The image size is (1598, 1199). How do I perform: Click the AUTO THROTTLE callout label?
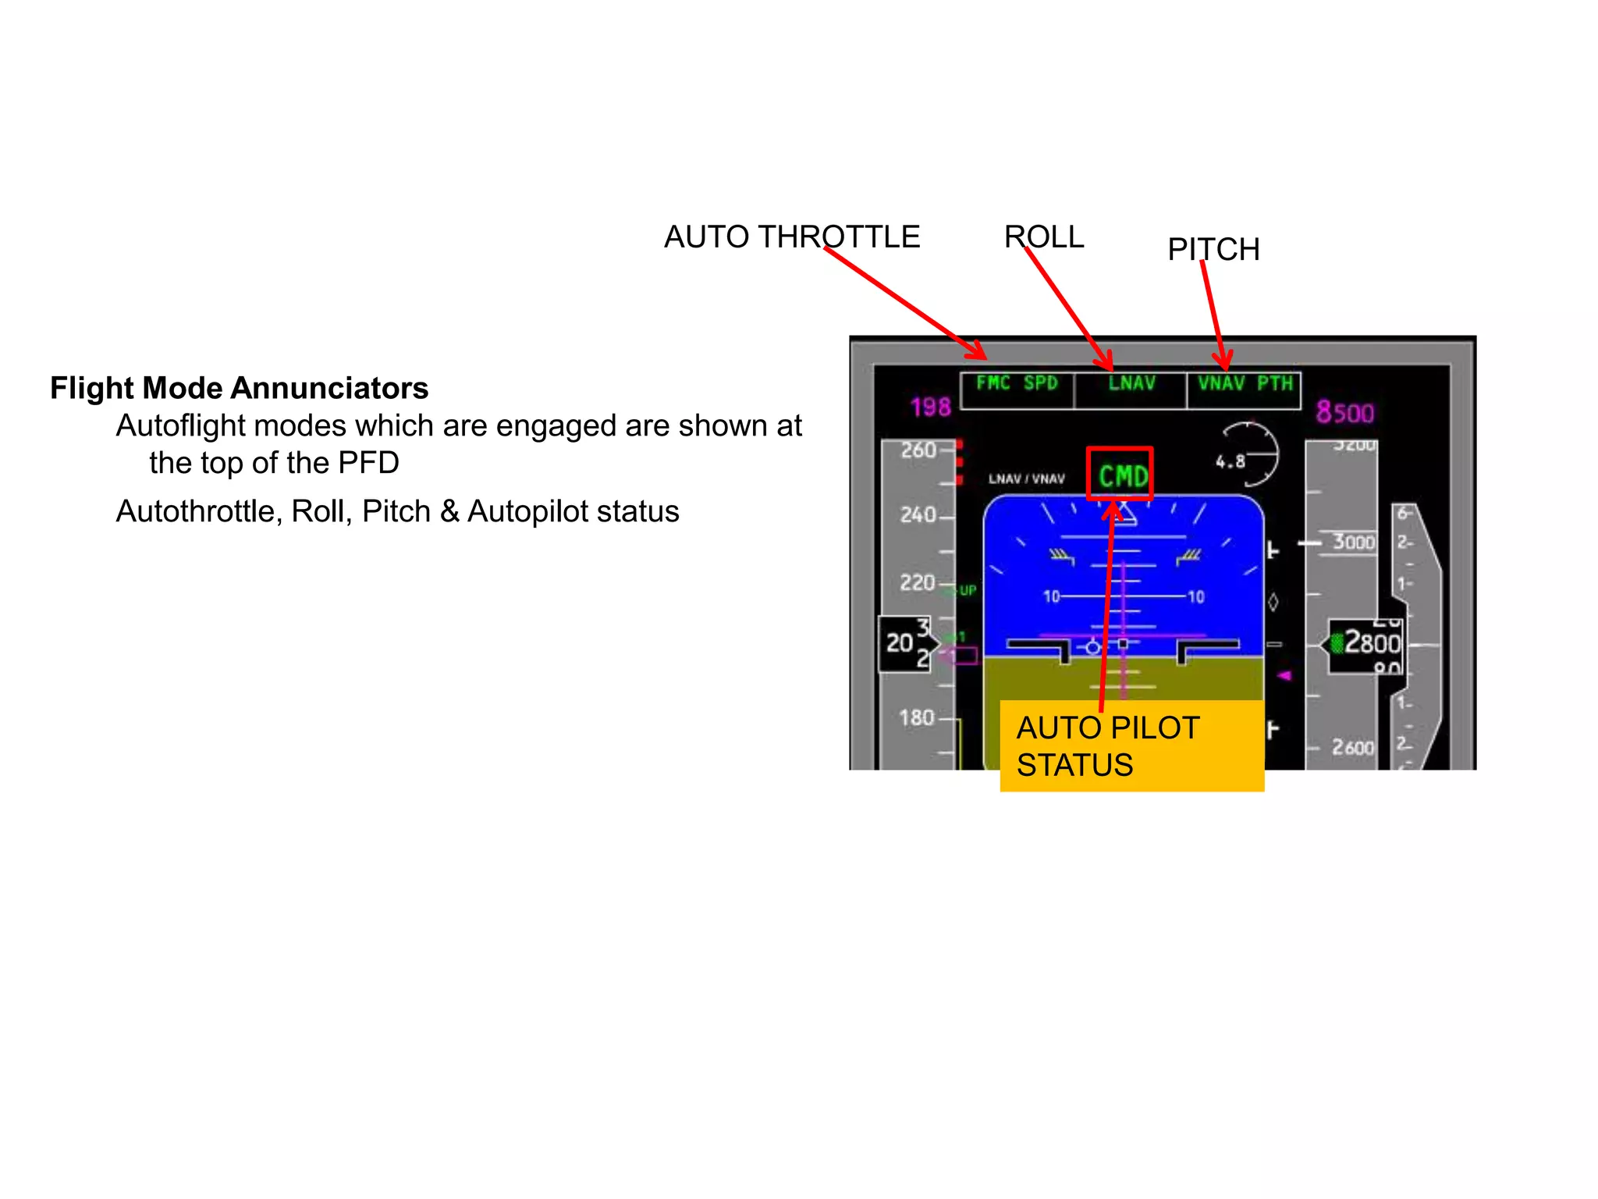coord(791,237)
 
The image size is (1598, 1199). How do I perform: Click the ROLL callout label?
coord(1044,237)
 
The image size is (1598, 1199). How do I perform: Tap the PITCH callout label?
coord(1213,250)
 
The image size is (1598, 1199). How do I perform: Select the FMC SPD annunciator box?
coord(1017,388)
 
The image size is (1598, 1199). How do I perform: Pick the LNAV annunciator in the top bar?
coord(1131,385)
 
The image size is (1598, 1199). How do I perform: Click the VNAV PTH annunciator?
coord(1245,385)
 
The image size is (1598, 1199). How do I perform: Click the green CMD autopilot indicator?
coord(1122,475)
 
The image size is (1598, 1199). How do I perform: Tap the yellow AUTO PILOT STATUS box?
coord(1131,746)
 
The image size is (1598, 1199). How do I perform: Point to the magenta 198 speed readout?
coord(930,407)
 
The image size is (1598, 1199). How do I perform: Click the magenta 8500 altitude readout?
coord(1344,412)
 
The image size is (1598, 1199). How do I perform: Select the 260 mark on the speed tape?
coord(918,450)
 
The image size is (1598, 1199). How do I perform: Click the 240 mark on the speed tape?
coord(918,515)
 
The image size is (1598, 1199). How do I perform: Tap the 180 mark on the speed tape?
coord(916,717)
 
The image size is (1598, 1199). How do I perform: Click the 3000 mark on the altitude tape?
coord(1353,542)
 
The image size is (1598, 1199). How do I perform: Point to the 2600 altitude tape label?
coord(1352,747)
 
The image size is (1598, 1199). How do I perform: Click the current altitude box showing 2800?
coord(1366,643)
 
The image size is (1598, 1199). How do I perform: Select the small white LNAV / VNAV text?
coord(1026,479)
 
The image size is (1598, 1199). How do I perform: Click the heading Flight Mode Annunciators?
coord(240,388)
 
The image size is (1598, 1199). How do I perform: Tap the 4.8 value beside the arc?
coord(1230,461)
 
